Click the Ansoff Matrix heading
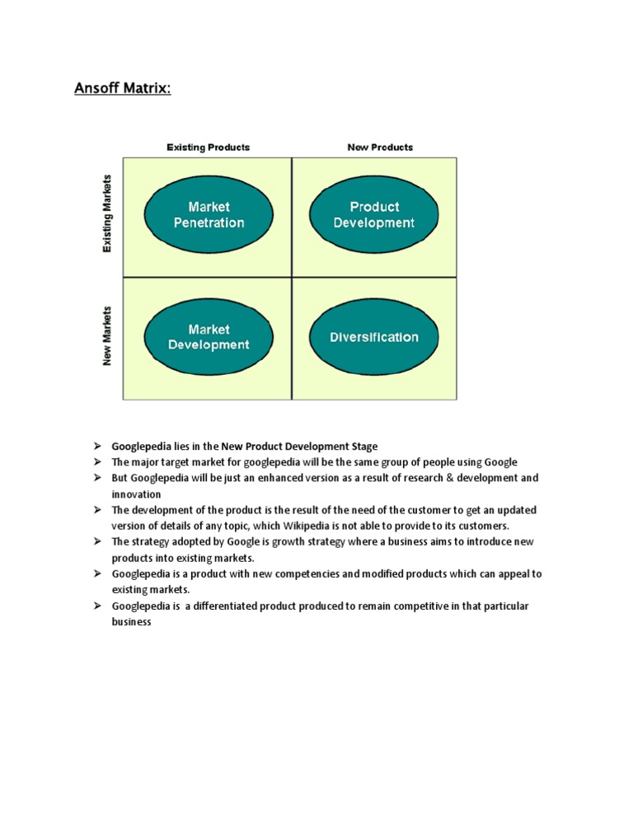[x=124, y=87]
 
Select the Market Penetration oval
[x=209, y=214]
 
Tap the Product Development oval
[x=374, y=214]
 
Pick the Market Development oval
[x=209, y=337]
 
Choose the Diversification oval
[x=374, y=337]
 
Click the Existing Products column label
[x=209, y=147]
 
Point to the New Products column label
[x=380, y=147]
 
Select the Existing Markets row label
[x=107, y=213]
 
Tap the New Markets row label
[x=107, y=336]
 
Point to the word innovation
[x=136, y=494]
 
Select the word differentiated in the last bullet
[x=223, y=606]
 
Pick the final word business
[x=132, y=622]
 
